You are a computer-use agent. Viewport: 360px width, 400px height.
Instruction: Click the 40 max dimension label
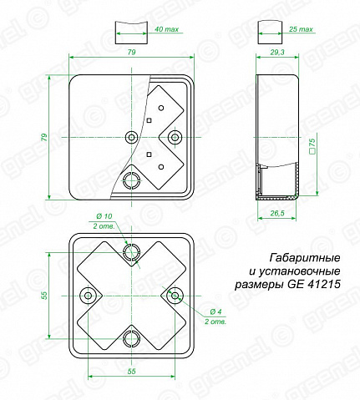point(166,29)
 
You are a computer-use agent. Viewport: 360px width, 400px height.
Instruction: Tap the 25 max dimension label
point(301,29)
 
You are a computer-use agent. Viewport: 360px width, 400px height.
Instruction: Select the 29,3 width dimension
point(277,52)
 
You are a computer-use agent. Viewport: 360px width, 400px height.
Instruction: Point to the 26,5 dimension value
point(277,213)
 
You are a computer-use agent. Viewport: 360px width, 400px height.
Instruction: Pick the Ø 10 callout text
point(104,216)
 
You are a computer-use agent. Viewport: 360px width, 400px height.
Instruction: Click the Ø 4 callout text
point(215,311)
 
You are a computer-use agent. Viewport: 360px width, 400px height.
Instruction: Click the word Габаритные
point(305,258)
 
